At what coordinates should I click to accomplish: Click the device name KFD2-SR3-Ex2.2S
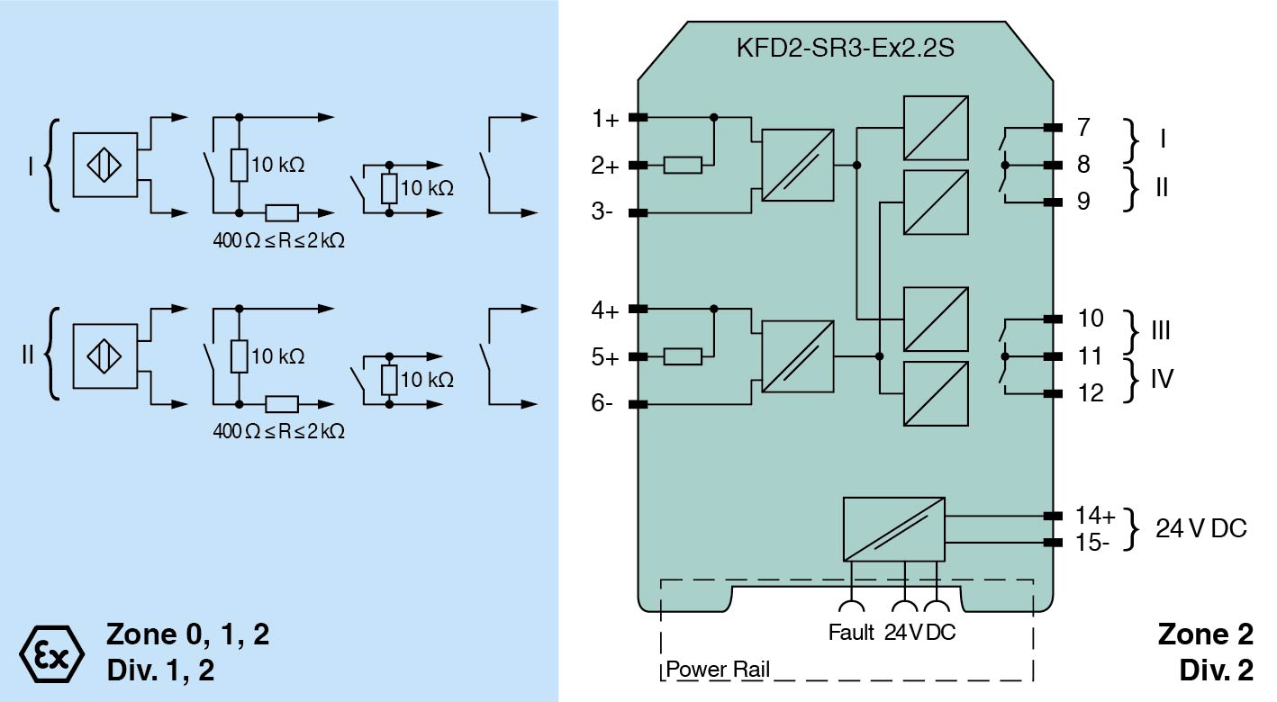point(845,47)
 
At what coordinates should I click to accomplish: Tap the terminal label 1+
point(605,118)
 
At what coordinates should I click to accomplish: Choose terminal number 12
point(1090,393)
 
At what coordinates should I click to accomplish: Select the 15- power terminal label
point(1093,543)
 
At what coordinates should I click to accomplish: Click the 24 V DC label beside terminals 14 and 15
point(1201,528)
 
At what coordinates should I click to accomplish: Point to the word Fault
point(851,633)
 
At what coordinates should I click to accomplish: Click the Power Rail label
point(718,670)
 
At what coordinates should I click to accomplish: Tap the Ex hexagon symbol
point(51,649)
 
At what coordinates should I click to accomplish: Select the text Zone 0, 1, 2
point(187,634)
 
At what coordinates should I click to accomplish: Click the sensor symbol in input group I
point(105,166)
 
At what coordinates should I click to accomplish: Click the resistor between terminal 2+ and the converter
point(683,165)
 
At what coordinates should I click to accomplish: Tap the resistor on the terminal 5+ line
point(683,356)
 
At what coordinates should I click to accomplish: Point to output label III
point(1161,330)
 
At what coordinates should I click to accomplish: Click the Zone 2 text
point(1205,634)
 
